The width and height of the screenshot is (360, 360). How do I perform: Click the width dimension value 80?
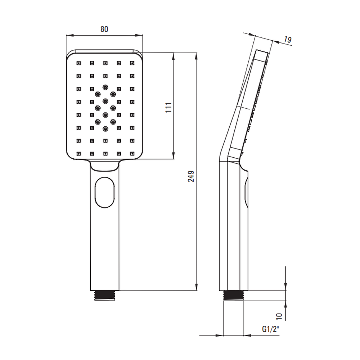tap(104, 29)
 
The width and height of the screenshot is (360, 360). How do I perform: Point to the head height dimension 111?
tap(168, 107)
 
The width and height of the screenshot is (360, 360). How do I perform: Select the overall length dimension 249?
tap(191, 176)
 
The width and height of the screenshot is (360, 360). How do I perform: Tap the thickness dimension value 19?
tap(287, 40)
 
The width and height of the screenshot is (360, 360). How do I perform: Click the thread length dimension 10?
tap(279, 316)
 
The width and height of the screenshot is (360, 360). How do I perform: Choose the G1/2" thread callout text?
tap(270, 329)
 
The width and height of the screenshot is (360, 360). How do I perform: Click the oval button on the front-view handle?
tap(105, 192)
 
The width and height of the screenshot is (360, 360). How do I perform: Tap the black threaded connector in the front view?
tap(105, 295)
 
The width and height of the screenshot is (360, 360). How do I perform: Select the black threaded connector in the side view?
tap(234, 295)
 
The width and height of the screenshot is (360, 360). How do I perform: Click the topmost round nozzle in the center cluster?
tap(105, 87)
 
